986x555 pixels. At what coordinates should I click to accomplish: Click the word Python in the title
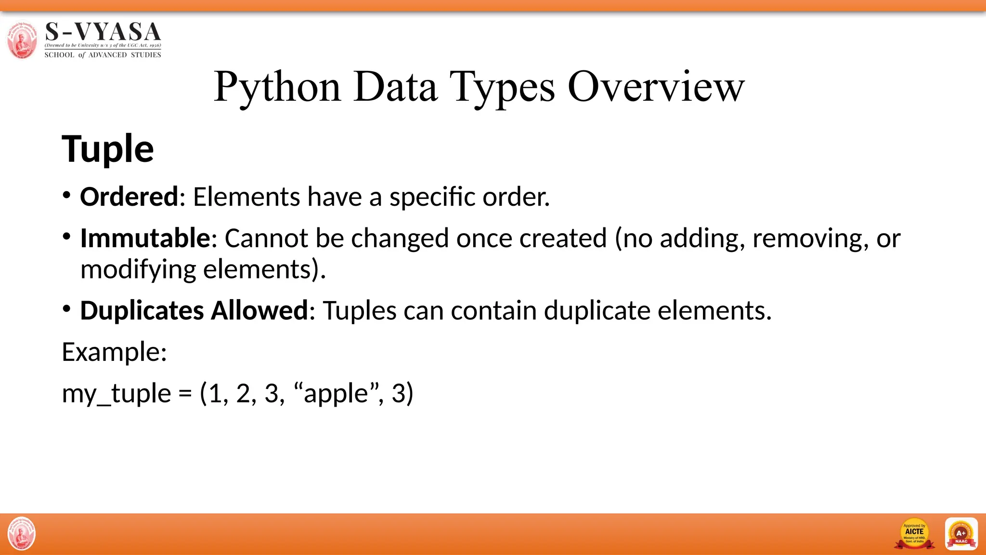[277, 87]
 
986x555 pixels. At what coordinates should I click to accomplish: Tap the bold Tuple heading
[108, 149]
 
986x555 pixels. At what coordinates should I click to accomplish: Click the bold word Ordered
[129, 197]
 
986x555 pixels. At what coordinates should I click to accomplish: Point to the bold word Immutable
[145, 238]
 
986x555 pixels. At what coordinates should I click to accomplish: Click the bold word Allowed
[259, 310]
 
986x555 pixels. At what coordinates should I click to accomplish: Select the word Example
[114, 352]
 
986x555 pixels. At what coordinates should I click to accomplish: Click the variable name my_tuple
[117, 394]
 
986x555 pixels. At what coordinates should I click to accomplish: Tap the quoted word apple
[336, 394]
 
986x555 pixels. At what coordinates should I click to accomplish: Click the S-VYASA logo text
[103, 32]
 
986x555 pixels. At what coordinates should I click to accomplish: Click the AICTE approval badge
[914, 534]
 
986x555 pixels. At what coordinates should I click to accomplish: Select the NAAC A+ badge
[961, 534]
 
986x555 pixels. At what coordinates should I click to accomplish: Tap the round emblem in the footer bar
[22, 534]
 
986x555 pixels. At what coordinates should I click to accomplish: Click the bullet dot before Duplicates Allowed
[67, 308]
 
